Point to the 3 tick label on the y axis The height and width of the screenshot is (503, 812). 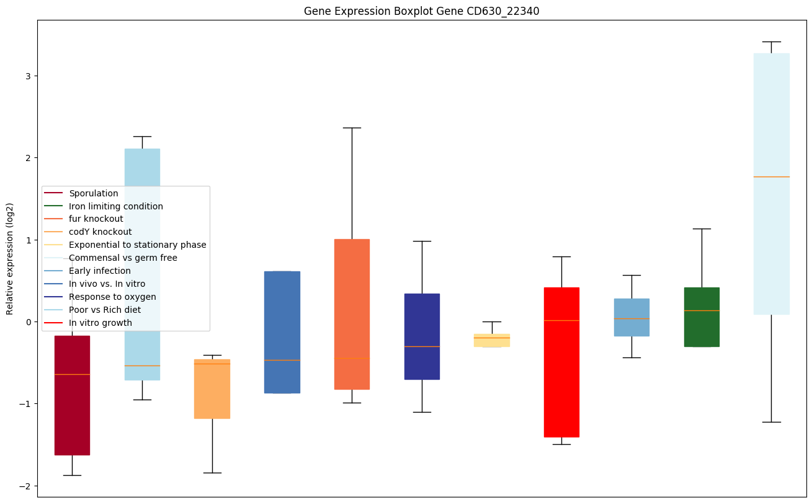[28, 76]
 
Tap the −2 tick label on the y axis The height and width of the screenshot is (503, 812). [25, 486]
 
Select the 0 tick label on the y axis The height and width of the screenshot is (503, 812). [28, 322]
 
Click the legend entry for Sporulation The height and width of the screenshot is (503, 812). [94, 193]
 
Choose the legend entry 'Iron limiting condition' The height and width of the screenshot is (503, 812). [116, 206]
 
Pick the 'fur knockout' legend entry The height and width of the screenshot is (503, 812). [96, 219]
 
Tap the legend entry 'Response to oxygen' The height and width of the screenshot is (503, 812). [112, 297]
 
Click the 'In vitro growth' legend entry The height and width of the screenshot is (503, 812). [100, 323]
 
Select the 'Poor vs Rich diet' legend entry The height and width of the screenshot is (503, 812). [105, 310]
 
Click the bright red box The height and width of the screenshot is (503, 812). [561, 362]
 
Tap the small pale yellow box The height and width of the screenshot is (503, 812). [492, 340]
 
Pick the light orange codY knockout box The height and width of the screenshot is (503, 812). [212, 389]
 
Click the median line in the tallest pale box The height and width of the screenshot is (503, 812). [772, 177]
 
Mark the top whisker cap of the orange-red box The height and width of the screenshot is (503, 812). [352, 128]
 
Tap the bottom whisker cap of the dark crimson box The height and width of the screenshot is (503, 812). [72, 475]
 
